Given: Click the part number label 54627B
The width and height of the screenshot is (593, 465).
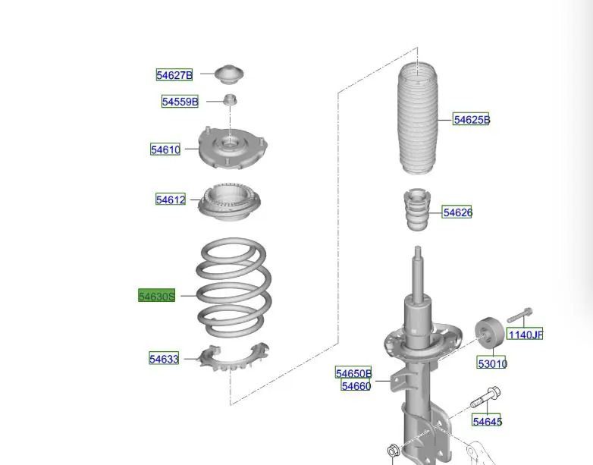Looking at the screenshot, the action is [x=174, y=75].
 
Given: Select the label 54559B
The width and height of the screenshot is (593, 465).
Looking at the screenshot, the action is [x=180, y=102].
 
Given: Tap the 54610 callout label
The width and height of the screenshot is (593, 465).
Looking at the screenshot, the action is [x=165, y=149].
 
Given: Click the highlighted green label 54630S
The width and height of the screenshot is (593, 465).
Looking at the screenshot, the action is [x=156, y=296].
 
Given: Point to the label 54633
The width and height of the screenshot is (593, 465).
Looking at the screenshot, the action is [x=164, y=359].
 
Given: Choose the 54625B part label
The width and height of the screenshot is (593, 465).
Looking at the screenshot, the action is [x=471, y=120].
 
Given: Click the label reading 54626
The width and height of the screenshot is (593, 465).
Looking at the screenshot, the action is [x=457, y=212].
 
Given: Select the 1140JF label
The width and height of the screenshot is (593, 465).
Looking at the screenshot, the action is [x=525, y=334].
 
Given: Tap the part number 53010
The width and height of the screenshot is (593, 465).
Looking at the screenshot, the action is [x=491, y=363].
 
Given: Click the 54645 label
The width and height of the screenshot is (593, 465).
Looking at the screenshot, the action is [x=487, y=421].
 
